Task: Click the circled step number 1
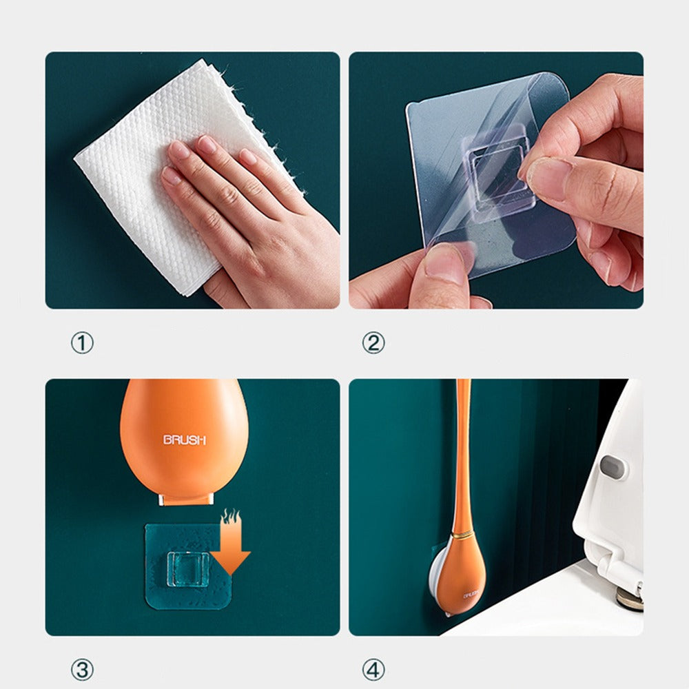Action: tap(82, 342)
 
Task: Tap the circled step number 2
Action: tap(373, 342)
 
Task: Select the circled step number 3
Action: tap(82, 669)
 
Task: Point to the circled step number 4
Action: tap(373, 669)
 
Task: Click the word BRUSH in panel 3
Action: tap(184, 440)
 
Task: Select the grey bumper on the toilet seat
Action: tap(611, 466)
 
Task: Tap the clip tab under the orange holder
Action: tap(185, 498)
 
